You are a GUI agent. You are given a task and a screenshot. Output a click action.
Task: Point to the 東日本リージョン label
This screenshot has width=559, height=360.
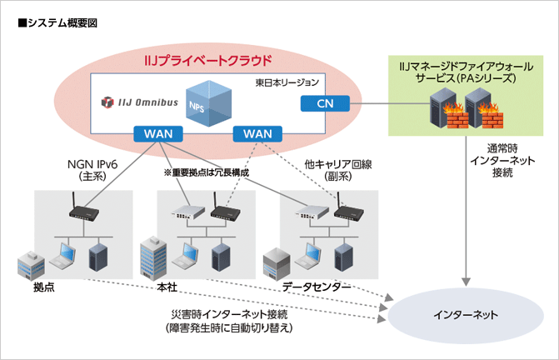point(287,83)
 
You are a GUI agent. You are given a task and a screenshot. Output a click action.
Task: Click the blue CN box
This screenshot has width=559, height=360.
point(324,102)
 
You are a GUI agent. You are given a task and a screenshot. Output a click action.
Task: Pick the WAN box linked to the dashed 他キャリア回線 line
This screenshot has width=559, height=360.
point(258,133)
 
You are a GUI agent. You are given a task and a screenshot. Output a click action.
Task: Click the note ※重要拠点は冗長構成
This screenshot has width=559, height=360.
point(207,172)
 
